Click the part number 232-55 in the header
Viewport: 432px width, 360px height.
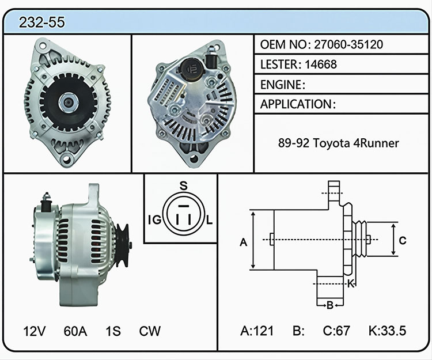click(x=42, y=22)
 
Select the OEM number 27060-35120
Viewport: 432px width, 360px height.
click(x=348, y=44)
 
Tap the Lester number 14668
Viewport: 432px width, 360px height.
click(x=321, y=65)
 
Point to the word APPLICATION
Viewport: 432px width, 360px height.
click(x=296, y=104)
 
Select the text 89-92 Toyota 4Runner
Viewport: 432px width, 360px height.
click(x=338, y=143)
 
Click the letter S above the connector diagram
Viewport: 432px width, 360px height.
click(x=184, y=186)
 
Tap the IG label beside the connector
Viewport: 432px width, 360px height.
click(x=154, y=220)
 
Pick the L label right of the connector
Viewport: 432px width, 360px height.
click(x=210, y=220)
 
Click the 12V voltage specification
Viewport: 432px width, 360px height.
click(x=35, y=331)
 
